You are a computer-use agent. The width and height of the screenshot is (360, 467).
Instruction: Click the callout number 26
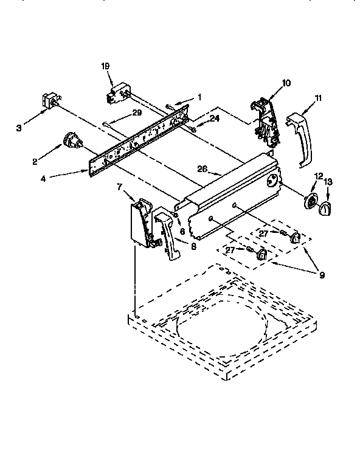click(x=203, y=170)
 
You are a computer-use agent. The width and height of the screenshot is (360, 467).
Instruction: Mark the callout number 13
click(x=328, y=182)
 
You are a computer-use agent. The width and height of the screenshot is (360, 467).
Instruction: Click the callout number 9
click(x=322, y=275)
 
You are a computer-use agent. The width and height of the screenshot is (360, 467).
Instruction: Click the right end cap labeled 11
click(x=301, y=137)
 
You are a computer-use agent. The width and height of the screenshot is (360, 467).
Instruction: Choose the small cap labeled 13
click(x=326, y=209)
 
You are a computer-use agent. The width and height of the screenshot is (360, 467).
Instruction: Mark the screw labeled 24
click(x=192, y=127)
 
